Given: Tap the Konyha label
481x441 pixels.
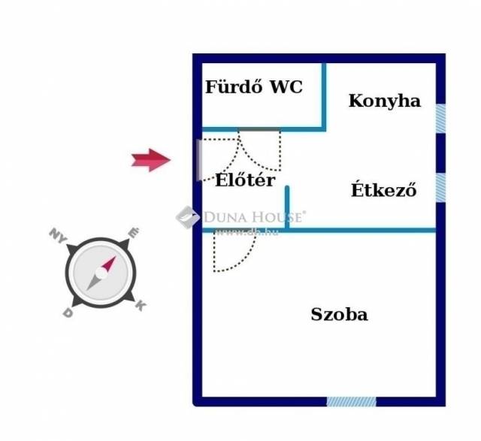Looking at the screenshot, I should click(384, 101).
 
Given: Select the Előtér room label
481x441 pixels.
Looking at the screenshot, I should click(245, 180).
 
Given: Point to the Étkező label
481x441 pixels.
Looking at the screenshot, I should click(383, 190).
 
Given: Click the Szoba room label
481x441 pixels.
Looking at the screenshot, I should click(339, 315).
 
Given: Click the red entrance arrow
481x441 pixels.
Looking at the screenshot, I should click(150, 159).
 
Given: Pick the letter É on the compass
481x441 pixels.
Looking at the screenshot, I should click(133, 234).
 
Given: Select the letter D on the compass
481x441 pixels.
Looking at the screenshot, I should click(68, 313).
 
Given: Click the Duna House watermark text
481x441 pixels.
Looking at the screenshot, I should click(254, 217).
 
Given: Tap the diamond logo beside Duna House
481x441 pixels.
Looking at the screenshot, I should click(187, 217).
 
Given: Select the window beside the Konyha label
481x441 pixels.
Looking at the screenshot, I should click(440, 117).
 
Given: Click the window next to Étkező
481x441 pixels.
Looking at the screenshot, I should click(440, 188).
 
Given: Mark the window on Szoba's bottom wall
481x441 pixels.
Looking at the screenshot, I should click(351, 401).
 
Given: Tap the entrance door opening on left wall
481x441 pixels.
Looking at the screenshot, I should click(198, 159).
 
